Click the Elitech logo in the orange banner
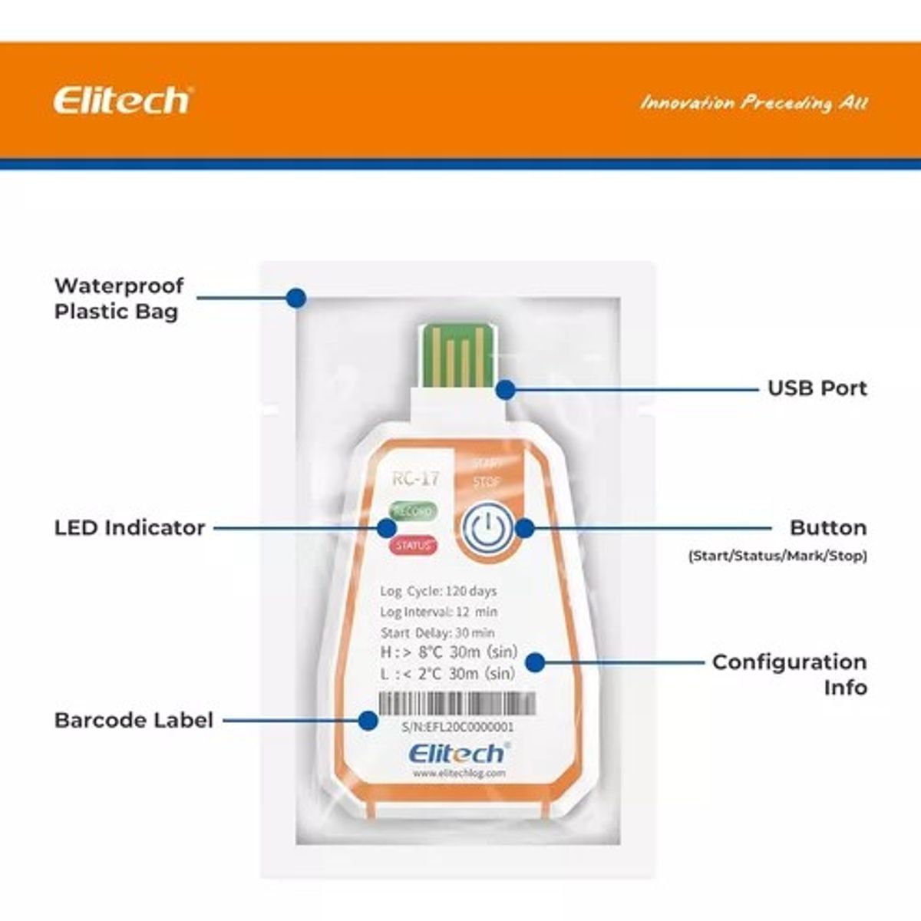(x=121, y=101)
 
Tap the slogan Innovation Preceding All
(x=754, y=103)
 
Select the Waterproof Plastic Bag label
(x=119, y=299)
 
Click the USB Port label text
(x=817, y=388)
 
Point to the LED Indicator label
(x=130, y=528)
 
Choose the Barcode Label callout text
(x=134, y=721)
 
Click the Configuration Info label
(x=789, y=674)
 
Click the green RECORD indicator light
(x=412, y=510)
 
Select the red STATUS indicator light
(x=413, y=546)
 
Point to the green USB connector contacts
(x=457, y=355)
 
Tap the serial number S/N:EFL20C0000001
(x=458, y=727)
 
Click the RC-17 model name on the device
(x=416, y=479)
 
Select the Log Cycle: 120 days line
(x=438, y=591)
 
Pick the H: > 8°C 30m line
(x=448, y=653)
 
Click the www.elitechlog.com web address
(x=459, y=774)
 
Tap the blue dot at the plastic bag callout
(x=296, y=298)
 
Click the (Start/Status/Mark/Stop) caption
(x=777, y=555)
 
